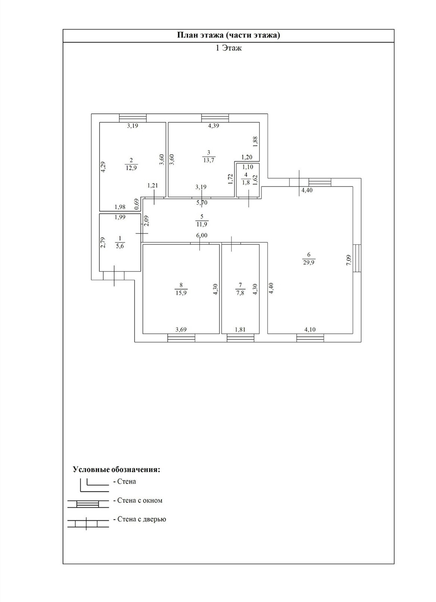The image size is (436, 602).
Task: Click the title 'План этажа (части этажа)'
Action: [228, 36]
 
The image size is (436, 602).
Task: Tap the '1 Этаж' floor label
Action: [229, 48]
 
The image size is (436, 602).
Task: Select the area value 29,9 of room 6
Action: [309, 262]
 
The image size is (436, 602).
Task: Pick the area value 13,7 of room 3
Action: [209, 160]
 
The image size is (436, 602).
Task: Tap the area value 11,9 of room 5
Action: [202, 224]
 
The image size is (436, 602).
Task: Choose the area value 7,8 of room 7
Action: [240, 293]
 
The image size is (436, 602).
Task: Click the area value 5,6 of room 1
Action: [120, 246]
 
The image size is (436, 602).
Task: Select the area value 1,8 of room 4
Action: [246, 182]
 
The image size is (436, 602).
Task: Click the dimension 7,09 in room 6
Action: [348, 260]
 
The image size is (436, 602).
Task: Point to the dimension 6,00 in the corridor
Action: [202, 235]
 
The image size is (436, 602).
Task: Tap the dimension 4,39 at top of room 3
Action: [214, 126]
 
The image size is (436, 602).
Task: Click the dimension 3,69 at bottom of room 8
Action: [181, 329]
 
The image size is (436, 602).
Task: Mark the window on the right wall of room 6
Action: [358, 258]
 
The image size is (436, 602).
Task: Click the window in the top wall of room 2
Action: [133, 118]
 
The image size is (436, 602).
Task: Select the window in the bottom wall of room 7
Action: [240, 338]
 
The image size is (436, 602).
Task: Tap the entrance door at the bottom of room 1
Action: [114, 276]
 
